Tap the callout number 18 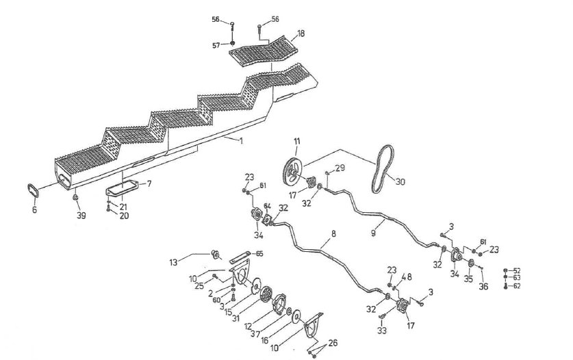301,34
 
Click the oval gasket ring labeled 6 34,190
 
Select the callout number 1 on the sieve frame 240,140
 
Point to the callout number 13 173,261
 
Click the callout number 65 259,253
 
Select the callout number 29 340,168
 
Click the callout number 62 517,286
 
